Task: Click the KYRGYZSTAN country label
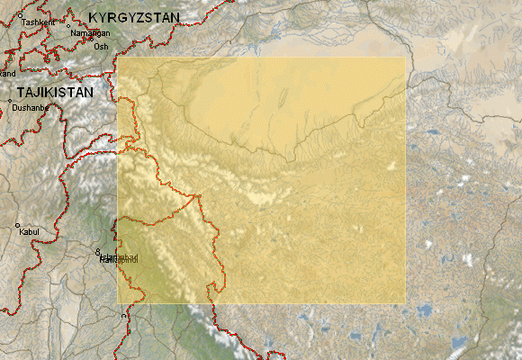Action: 133,17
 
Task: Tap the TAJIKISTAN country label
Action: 54,93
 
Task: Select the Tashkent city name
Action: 38,21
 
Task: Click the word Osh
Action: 101,46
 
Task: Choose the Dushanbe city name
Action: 31,108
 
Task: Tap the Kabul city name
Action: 29,232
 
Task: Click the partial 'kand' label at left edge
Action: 8,73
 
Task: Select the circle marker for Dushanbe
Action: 11,102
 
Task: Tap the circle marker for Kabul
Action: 17,225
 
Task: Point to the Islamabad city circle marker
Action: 98,251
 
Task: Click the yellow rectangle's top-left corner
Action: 117,58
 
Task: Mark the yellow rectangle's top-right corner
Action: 406,58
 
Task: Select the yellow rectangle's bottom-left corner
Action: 117,303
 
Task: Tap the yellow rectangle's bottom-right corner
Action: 406,303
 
